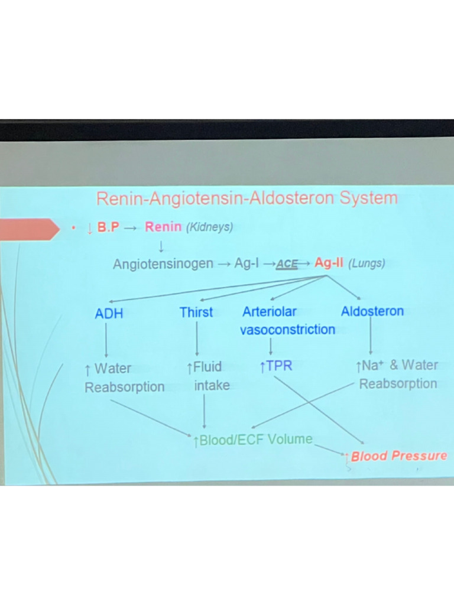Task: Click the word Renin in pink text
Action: pos(163,227)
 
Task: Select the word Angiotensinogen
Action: pos(163,264)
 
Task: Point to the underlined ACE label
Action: pos(287,265)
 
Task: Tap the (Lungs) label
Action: pos(367,264)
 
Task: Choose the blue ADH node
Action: pos(109,314)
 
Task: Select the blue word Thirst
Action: pos(196,312)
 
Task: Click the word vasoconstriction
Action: pos(287,330)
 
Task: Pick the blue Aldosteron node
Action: pos(372,311)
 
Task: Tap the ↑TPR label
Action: pos(275,366)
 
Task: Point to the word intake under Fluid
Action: pos(212,386)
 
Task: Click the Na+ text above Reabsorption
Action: pos(370,366)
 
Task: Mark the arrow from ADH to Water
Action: pos(106,341)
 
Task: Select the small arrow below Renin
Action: pos(161,245)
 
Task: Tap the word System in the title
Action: pos(369,199)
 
